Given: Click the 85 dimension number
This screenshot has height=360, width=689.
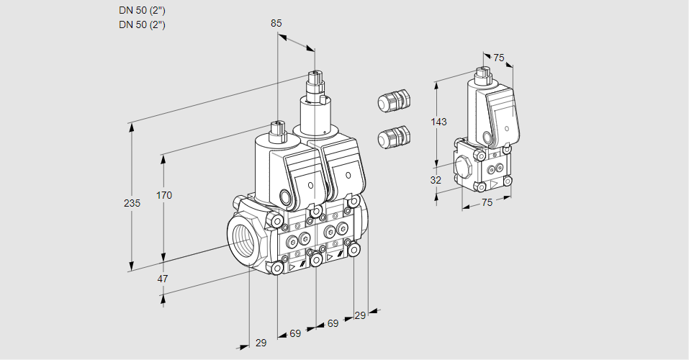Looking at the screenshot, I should click(x=276, y=23).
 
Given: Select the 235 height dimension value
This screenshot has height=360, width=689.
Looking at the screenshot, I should click(x=132, y=204).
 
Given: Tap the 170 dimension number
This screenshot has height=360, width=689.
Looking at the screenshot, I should click(x=164, y=195).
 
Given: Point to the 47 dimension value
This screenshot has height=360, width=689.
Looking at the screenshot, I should click(x=163, y=279).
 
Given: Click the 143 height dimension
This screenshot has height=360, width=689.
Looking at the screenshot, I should click(x=439, y=122).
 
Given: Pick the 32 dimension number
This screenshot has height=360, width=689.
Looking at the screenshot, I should click(x=436, y=180).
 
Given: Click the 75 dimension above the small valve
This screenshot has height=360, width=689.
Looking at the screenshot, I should click(x=499, y=58).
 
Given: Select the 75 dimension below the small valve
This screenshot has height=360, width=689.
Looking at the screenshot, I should click(x=487, y=202).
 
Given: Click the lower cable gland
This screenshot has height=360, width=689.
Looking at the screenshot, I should click(x=393, y=136).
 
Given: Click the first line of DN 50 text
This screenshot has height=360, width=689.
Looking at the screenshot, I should click(x=142, y=11).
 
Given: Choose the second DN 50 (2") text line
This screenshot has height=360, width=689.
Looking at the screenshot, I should click(x=142, y=24).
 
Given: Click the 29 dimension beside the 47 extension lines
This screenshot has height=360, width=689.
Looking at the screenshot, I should click(x=261, y=343).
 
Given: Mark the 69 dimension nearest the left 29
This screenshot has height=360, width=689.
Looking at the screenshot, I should click(x=295, y=333).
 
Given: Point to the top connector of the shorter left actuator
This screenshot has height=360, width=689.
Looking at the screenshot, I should click(x=277, y=131).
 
